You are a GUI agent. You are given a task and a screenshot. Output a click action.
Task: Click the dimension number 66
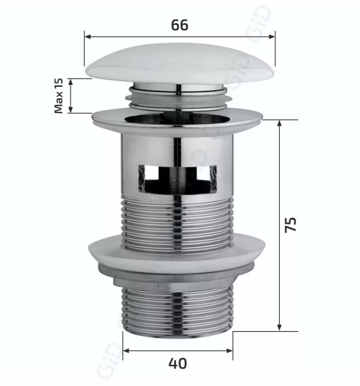tap(179, 25)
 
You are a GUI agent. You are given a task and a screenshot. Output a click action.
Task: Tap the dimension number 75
tap(291, 225)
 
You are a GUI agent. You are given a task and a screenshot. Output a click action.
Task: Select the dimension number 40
tap(177, 363)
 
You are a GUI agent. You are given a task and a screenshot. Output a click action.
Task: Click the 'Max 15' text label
tap(59, 96)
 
